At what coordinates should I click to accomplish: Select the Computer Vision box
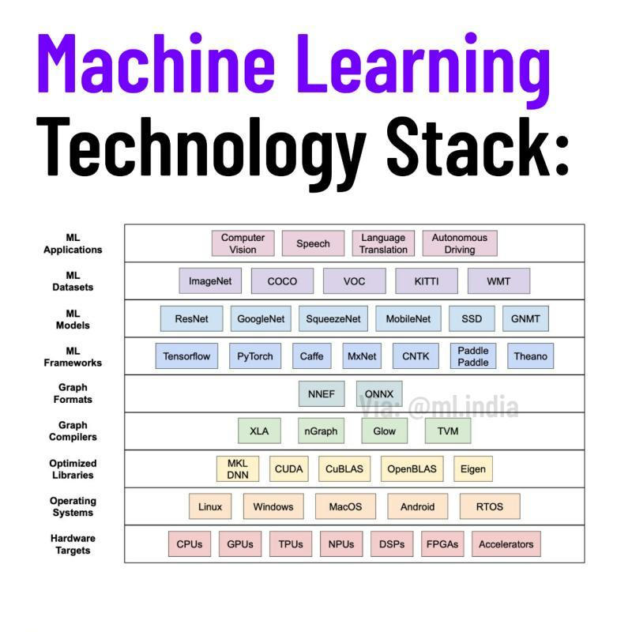coord(243,243)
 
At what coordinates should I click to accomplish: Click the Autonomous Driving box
coord(459,243)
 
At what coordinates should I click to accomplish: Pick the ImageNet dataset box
coord(210,281)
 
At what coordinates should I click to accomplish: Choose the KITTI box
coord(426,281)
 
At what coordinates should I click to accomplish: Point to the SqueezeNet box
coord(333,319)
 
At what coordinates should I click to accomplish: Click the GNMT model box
coord(525,319)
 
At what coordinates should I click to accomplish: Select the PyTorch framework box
coord(255,356)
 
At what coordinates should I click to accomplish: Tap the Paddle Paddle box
coord(473,356)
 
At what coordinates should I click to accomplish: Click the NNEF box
coord(322,393)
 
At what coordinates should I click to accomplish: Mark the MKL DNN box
coord(238,468)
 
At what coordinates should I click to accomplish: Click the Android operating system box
coord(418,506)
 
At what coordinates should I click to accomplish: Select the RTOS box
coord(490,506)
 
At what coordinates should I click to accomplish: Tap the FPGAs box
coord(442,544)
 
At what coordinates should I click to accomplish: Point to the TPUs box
coord(291,544)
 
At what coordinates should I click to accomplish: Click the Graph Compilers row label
coord(73,431)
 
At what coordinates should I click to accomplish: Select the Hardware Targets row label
coord(73,544)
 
